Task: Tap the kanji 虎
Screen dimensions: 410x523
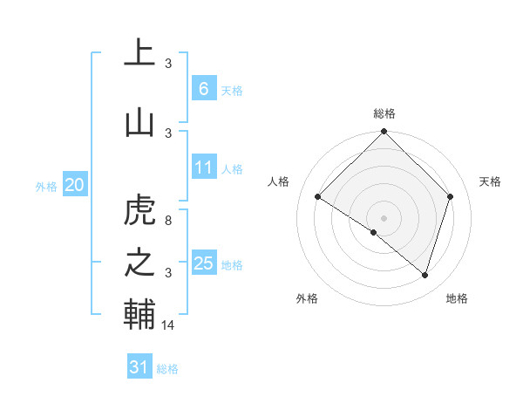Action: (139, 212)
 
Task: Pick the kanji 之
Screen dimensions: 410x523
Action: (139, 263)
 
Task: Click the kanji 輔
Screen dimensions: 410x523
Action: (139, 315)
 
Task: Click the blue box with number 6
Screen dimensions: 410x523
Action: (203, 88)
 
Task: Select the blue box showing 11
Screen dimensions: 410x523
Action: (204, 167)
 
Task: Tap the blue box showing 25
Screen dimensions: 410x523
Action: (204, 263)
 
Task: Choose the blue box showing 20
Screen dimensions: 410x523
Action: (74, 184)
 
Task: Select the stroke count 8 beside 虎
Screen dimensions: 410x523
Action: (168, 221)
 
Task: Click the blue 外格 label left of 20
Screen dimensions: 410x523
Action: (46, 186)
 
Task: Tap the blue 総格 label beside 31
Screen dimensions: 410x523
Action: (167, 369)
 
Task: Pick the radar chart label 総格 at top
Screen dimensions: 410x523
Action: (384, 113)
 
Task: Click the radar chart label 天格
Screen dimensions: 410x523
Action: (491, 181)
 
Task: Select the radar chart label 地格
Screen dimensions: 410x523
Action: (457, 298)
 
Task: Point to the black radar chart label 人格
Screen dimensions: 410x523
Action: (279, 181)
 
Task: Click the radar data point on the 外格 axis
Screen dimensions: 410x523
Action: (373, 232)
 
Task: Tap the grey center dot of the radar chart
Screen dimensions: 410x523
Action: (384, 217)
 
